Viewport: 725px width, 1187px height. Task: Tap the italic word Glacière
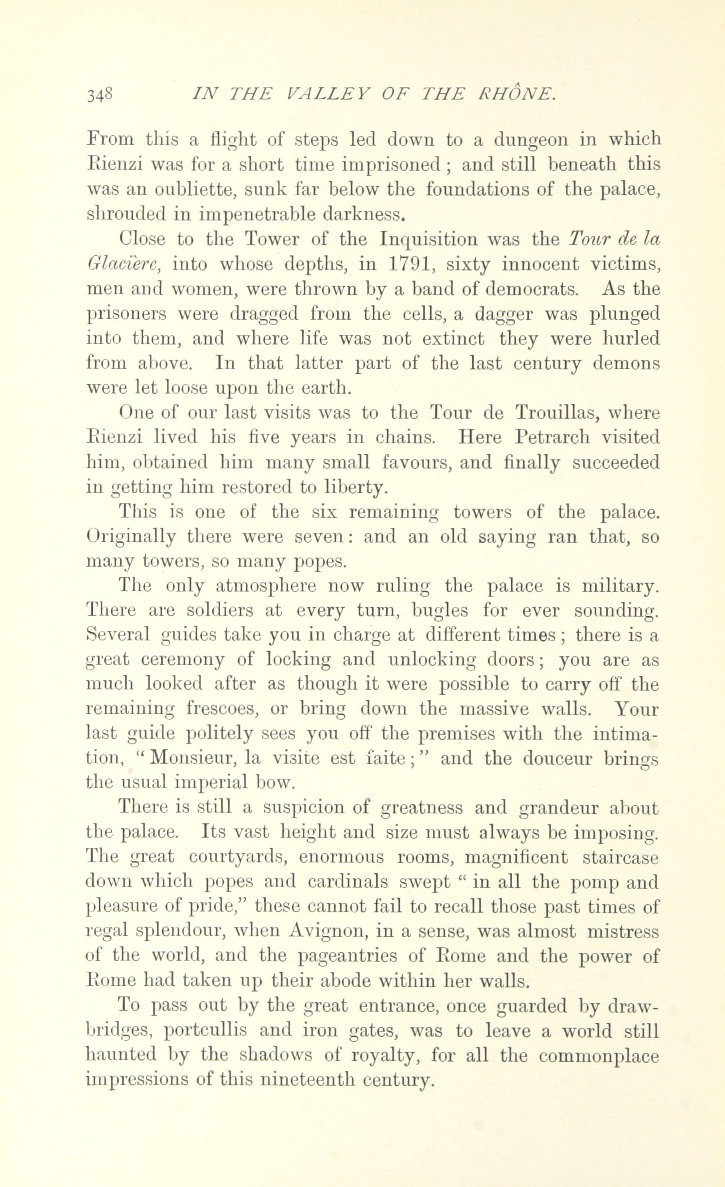coord(123,264)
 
